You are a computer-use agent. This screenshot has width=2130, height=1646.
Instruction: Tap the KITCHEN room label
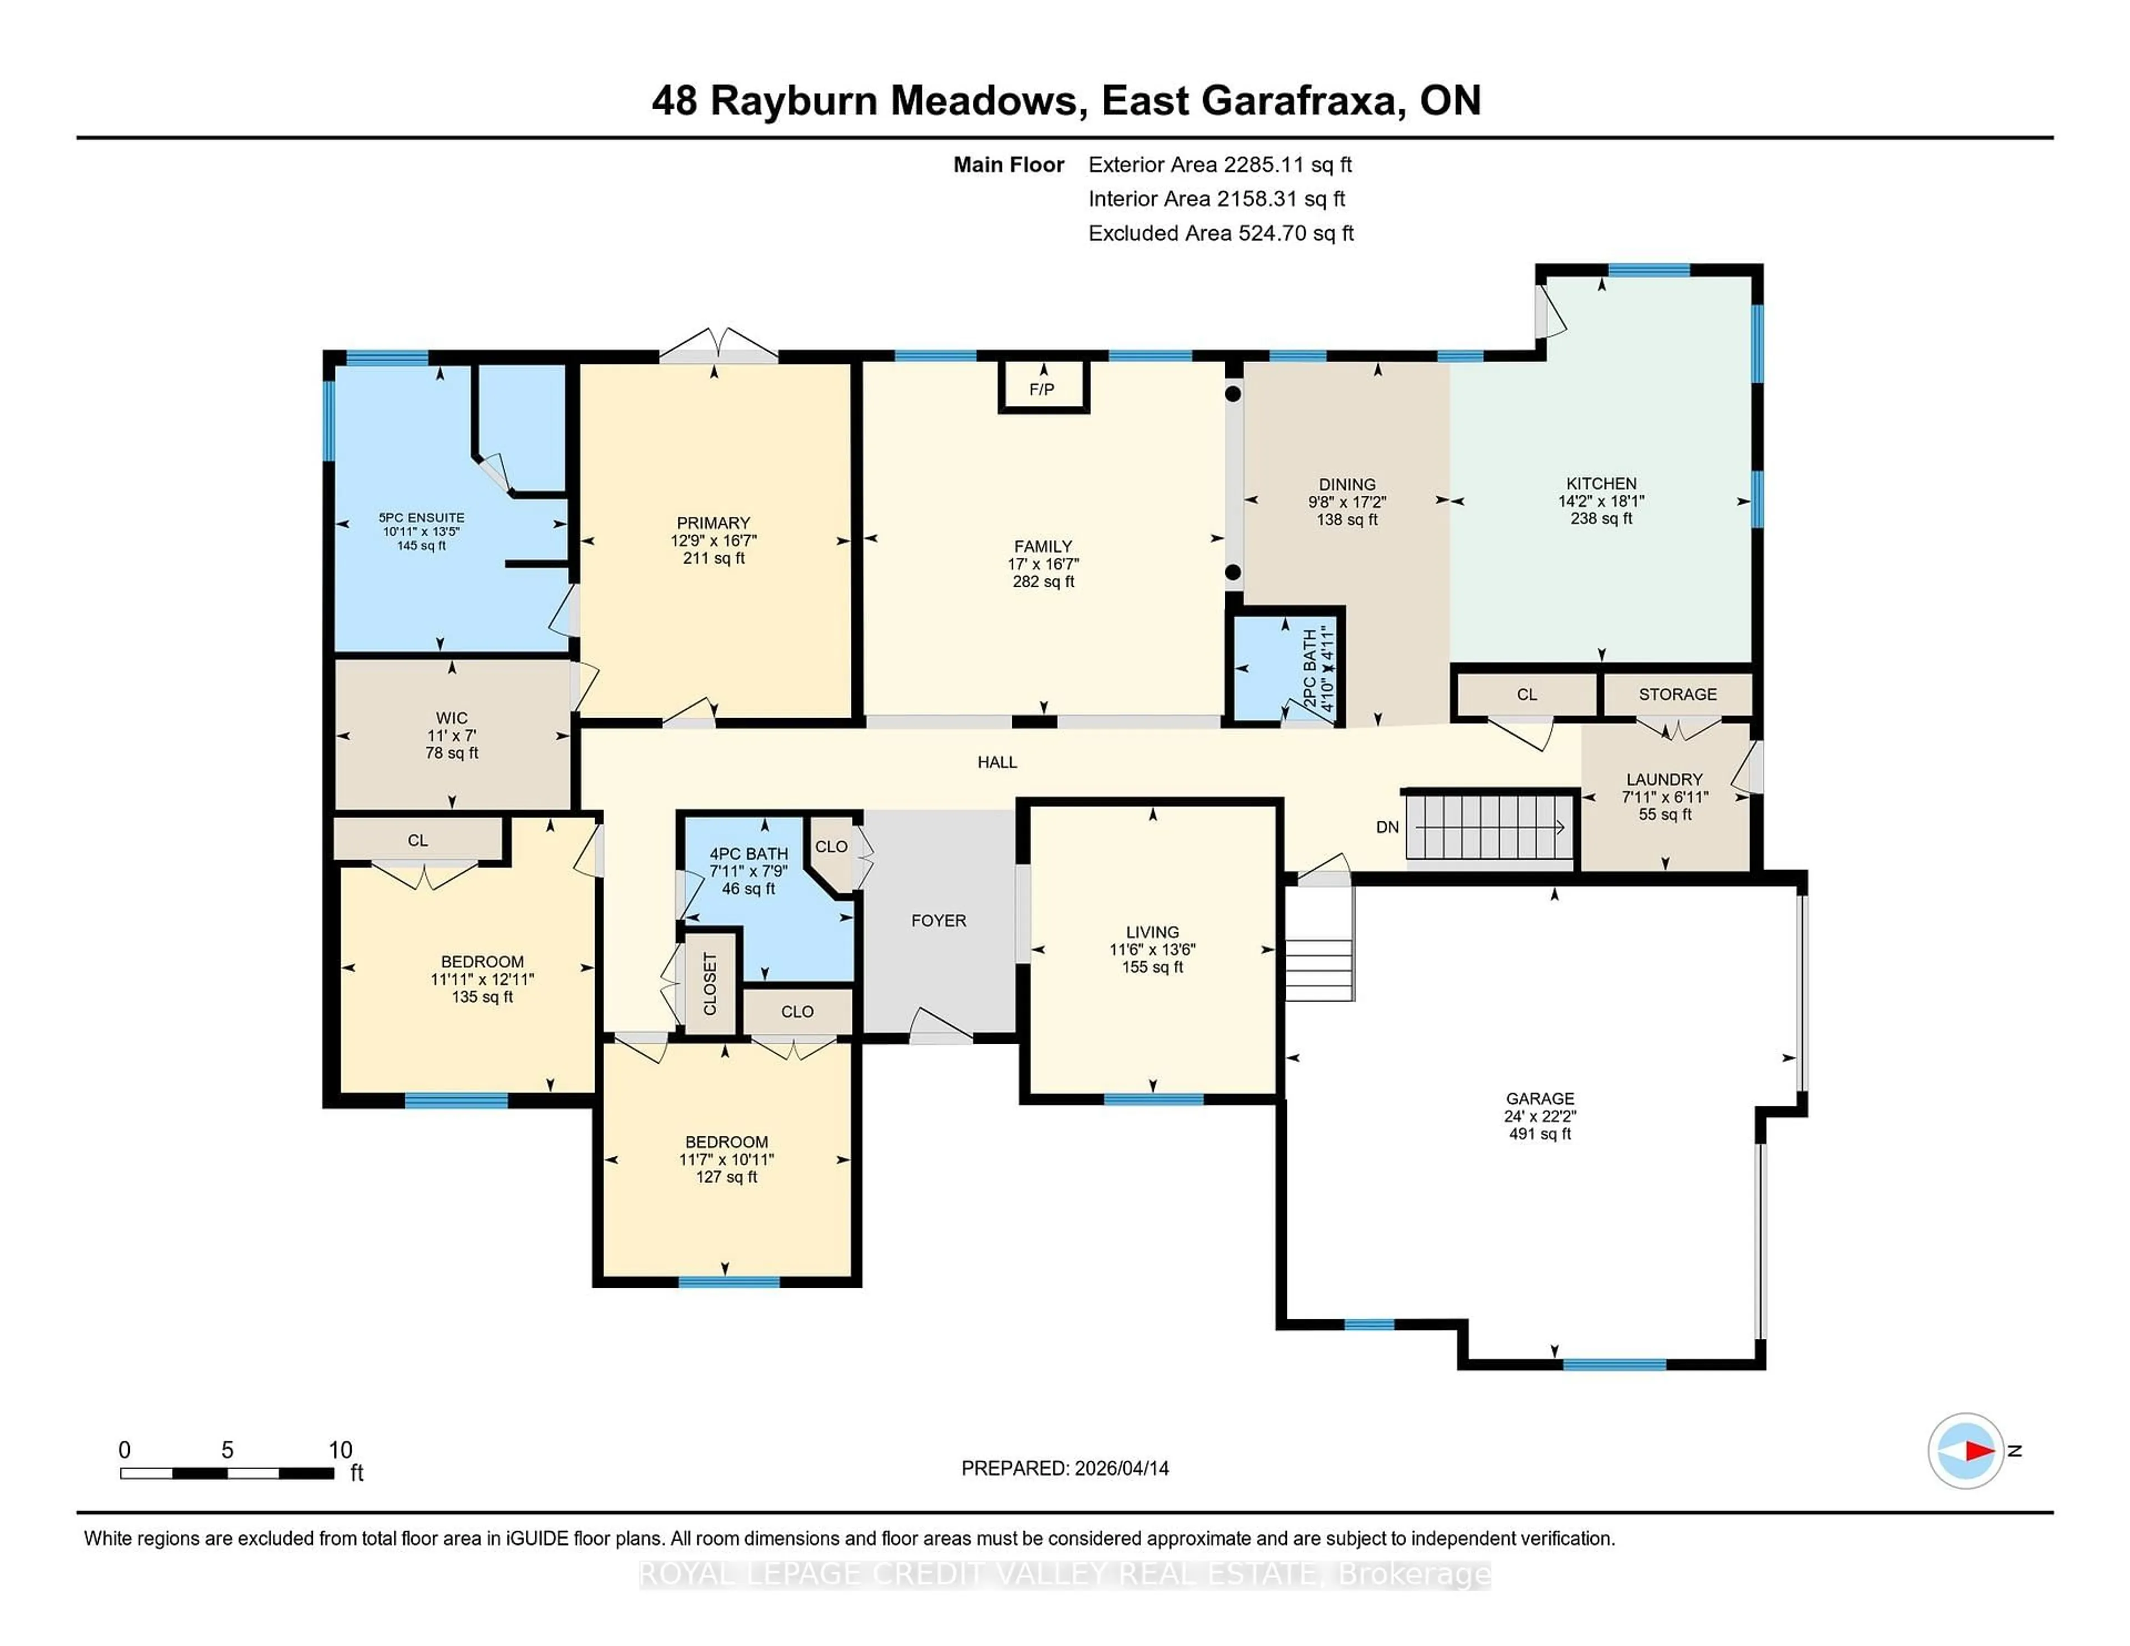(x=1600, y=484)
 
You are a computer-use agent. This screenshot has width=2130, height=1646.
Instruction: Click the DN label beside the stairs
(x=1387, y=827)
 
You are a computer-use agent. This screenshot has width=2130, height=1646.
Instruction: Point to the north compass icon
(x=1965, y=1450)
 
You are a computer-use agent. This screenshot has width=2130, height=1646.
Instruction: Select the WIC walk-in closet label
(x=452, y=718)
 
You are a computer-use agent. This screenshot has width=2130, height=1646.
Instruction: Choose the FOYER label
(x=938, y=921)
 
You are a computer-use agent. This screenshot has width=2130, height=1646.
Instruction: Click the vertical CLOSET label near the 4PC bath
(x=710, y=983)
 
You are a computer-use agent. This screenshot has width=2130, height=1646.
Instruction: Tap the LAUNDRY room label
(x=1664, y=779)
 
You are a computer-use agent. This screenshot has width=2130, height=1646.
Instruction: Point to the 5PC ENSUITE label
(x=422, y=518)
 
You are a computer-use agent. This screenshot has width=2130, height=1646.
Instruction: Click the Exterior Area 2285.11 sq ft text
(x=1219, y=165)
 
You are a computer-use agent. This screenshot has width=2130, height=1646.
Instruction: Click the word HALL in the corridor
(x=997, y=761)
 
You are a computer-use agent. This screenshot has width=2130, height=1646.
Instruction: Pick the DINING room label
(x=1347, y=485)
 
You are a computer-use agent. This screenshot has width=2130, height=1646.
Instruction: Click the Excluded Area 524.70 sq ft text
(x=1220, y=233)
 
